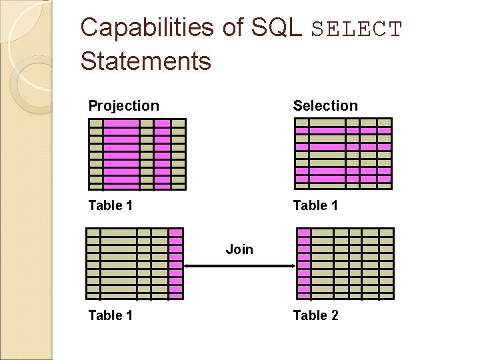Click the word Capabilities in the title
tap(147, 28)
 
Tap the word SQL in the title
tap(276, 28)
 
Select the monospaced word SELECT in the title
tap(357, 30)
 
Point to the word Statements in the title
tap(145, 61)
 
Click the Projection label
tap(124, 106)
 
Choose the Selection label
tap(325, 106)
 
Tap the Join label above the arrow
tap(239, 249)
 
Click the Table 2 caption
tap(315, 315)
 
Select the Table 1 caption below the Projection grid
tap(111, 205)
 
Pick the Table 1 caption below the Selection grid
tap(315, 205)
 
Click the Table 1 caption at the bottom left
tap(111, 315)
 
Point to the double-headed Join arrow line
tap(239, 266)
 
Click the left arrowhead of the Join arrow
tap(188, 266)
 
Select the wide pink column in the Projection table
tap(121, 155)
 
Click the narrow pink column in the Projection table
tap(162, 155)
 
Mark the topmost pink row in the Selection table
tap(343, 131)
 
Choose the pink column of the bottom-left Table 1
tap(175, 264)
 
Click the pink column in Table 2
tap(304, 264)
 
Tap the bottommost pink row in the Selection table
tap(343, 179)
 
